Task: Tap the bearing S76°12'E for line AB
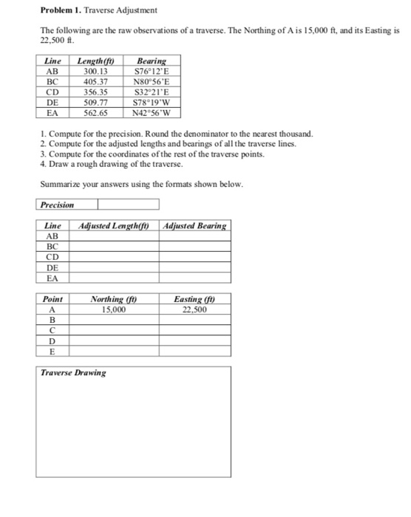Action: [x=152, y=71]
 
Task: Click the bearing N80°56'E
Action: [x=152, y=81]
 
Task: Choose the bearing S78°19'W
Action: [x=152, y=102]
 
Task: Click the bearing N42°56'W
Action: [x=152, y=112]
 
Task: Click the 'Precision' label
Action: [x=57, y=205]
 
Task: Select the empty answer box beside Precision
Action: [x=128, y=205]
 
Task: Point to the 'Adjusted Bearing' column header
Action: [x=195, y=225]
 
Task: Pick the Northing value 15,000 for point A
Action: [x=112, y=310]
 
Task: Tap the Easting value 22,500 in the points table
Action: [x=194, y=310]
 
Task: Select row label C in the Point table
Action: [x=52, y=331]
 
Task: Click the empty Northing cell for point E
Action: [x=112, y=352]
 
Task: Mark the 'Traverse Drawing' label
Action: [x=73, y=372]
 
